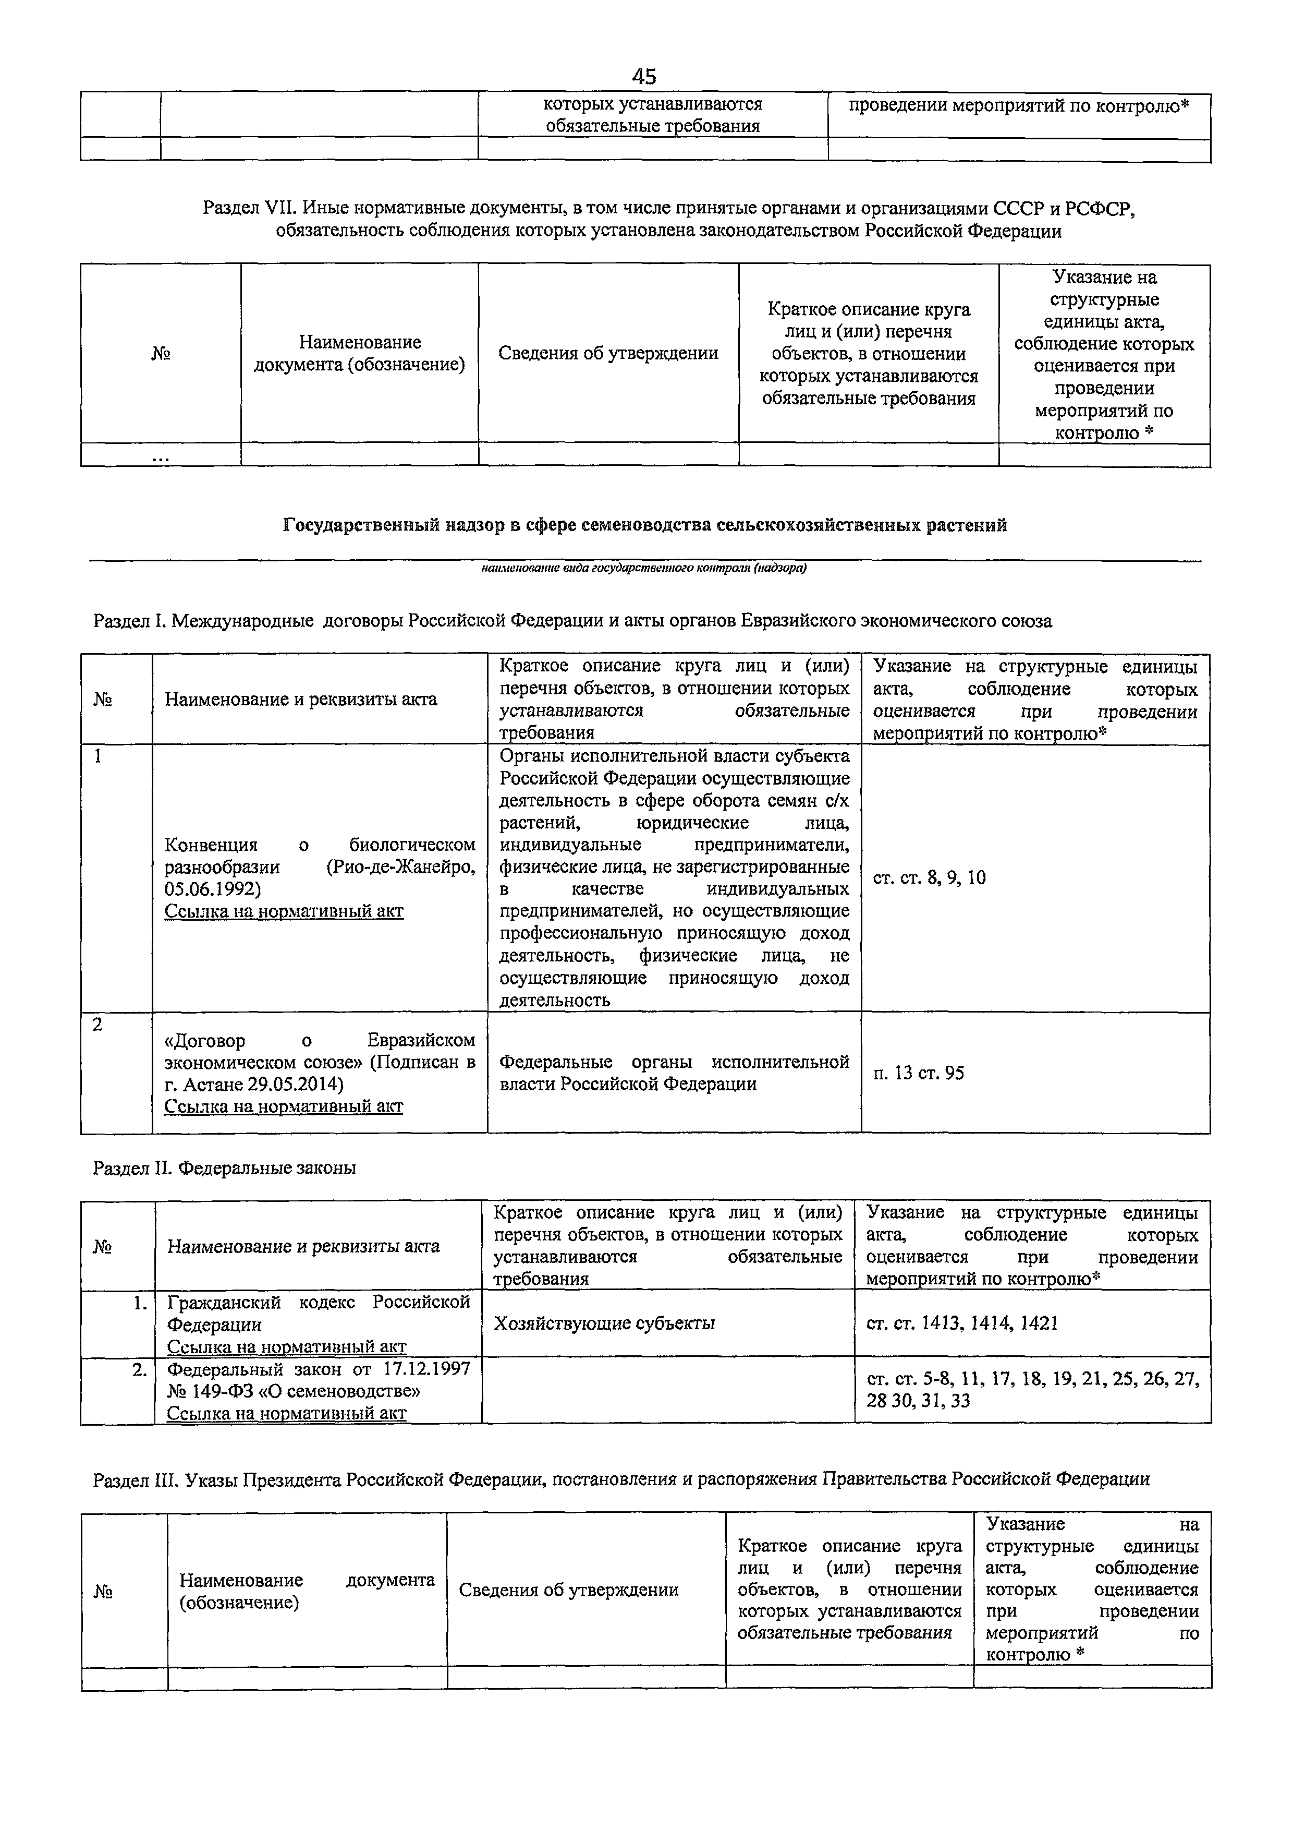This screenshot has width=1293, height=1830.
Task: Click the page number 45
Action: (x=644, y=77)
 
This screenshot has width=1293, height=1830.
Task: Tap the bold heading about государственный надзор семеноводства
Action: (x=645, y=526)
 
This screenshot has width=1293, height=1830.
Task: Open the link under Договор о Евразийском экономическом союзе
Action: (x=284, y=1107)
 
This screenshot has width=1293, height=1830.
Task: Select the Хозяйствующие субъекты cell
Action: (x=604, y=1324)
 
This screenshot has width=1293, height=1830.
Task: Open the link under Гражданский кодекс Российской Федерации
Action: (x=286, y=1347)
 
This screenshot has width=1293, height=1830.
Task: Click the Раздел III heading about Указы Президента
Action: (x=621, y=1480)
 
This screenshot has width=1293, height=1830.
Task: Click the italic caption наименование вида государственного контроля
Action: (x=644, y=568)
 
